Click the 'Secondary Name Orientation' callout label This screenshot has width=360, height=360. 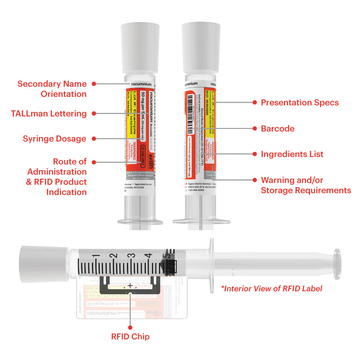52,89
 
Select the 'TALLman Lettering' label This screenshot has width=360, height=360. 49,114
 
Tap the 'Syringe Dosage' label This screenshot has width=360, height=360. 54,138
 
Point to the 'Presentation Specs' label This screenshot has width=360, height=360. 299,102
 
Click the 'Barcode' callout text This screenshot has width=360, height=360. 278,129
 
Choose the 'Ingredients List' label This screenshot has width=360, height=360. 292,154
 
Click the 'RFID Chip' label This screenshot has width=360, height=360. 130,336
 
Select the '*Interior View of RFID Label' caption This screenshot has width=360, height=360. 271,288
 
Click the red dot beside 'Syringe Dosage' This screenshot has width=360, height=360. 94,139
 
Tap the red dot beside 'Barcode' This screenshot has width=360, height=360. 255,129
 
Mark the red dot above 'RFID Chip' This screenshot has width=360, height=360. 130,327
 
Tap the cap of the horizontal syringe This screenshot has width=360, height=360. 34,264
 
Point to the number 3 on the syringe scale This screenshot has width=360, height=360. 132,256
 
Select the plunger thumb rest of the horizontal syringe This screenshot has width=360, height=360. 336,264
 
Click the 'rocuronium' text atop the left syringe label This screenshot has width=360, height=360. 141,84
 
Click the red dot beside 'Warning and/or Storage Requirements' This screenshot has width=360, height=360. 255,180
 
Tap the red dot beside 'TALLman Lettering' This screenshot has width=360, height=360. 94,114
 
